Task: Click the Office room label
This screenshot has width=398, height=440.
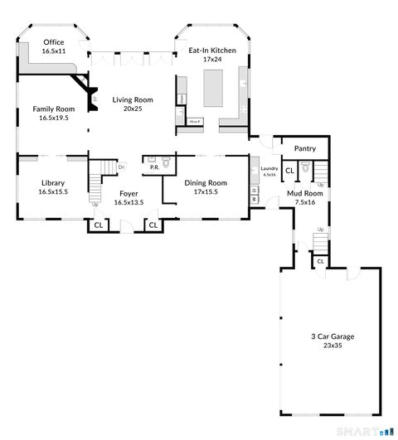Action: pos(54,42)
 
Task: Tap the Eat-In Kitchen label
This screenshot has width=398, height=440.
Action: pos(212,51)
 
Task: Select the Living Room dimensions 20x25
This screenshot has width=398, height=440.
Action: pos(128,109)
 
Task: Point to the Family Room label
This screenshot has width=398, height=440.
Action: pos(54,109)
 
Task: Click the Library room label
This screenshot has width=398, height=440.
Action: pos(53,183)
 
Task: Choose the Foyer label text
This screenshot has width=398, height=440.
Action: pos(129,193)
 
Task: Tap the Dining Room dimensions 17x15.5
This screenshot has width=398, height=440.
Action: pos(206,192)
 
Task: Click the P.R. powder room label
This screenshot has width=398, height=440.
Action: pos(154,167)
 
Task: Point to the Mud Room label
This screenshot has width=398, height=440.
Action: pos(304,193)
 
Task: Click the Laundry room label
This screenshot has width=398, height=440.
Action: pos(269,169)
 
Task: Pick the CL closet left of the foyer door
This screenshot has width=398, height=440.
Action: pos(98,225)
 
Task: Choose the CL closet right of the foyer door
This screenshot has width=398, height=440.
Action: pos(153,225)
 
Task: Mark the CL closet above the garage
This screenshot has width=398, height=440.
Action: pos(320,262)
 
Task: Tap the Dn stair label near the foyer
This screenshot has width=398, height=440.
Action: pos(121,167)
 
